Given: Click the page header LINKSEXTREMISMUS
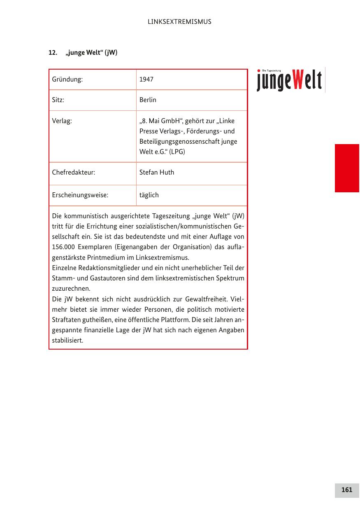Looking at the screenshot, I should point(179,22).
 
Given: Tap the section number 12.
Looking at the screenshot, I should point(52,53).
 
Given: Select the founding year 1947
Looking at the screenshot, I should point(146,79).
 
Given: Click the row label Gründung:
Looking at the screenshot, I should point(67,79).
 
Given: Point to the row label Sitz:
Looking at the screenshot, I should point(58,100).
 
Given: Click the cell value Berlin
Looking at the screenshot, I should point(148,100).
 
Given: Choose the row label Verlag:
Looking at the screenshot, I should point(62,121).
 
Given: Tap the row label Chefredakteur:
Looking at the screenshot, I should point(74,172).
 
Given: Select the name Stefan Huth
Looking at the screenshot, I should point(157,172).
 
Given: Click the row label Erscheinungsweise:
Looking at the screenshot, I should point(80,195).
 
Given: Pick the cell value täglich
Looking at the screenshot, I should point(149,195).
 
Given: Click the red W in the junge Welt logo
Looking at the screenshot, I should point(299,80).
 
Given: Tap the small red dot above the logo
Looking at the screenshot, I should point(259,70).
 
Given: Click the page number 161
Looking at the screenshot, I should point(347,490).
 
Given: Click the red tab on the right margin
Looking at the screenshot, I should point(347,168).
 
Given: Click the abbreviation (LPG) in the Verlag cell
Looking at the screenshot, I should point(177,152).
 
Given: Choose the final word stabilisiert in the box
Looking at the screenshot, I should point(67,341).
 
